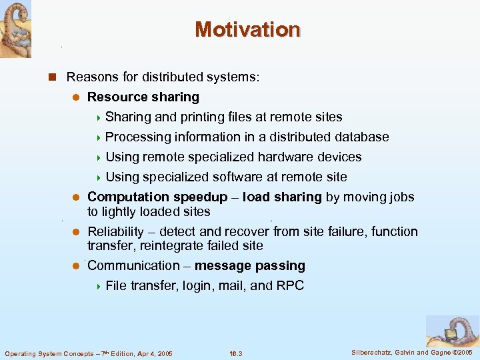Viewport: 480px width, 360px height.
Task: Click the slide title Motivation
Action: tap(247, 30)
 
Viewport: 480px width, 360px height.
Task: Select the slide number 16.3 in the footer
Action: tap(235, 353)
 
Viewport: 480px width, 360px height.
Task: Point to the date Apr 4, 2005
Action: tap(149, 353)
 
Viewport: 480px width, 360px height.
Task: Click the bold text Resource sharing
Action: tap(143, 97)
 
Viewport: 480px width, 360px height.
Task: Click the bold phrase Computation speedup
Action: tap(157, 197)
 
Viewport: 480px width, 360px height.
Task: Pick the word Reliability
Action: tap(115, 232)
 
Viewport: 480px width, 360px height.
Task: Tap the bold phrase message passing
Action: tap(250, 266)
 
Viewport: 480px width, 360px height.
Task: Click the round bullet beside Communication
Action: tap(76, 266)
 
